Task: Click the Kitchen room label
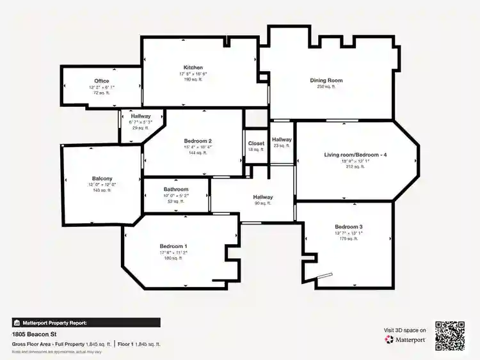[x=193, y=67]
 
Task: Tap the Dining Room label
[x=326, y=81]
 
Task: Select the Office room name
[x=101, y=81]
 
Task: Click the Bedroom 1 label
[x=173, y=246]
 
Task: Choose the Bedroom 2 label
[x=198, y=141]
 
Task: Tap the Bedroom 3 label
[x=349, y=227]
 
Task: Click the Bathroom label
[x=175, y=190]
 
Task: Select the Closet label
[x=256, y=144]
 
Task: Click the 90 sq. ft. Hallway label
[x=263, y=198]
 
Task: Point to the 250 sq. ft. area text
[x=326, y=87]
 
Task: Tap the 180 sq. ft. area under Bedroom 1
[x=173, y=258]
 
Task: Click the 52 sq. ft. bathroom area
[x=175, y=201]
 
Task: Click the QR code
[x=450, y=334]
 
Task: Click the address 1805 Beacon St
[x=35, y=334]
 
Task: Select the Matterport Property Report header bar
[x=86, y=323]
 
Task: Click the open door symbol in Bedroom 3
[x=324, y=277]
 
